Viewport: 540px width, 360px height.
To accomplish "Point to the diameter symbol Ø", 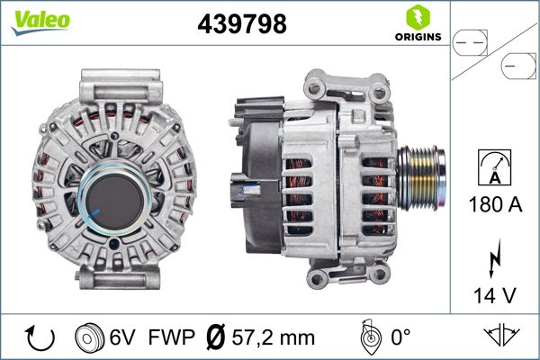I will coord(214,338).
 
